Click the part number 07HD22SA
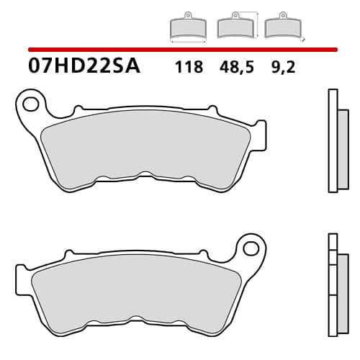pos(84,67)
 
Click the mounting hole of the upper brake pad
pos(30,104)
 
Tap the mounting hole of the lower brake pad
pos(251,248)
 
